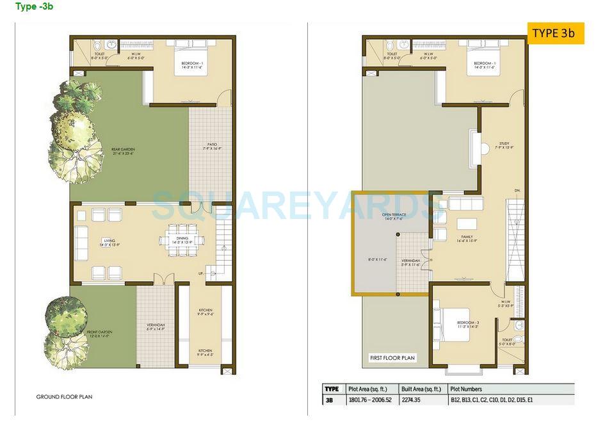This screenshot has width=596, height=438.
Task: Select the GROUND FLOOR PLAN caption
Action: tap(64, 397)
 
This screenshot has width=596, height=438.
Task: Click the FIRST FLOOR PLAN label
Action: tap(392, 358)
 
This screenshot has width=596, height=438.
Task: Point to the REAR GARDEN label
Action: tap(122, 151)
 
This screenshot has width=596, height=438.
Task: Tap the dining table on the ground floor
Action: tap(182, 240)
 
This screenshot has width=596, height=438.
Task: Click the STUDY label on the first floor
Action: tap(504, 145)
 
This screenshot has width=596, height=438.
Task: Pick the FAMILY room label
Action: tap(467, 238)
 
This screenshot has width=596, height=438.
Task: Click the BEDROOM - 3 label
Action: tap(469, 324)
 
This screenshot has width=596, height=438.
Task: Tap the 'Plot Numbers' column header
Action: tap(466, 389)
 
